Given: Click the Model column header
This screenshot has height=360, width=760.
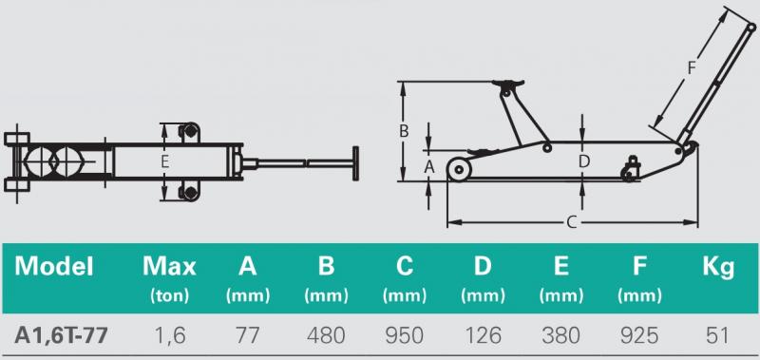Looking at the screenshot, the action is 54,267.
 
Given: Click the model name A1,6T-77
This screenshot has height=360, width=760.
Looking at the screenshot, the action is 61,335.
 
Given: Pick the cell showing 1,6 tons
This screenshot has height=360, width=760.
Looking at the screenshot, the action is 169,335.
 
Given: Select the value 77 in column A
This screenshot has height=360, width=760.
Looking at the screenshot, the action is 247,335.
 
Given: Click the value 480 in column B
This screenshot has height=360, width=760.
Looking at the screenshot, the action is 326,335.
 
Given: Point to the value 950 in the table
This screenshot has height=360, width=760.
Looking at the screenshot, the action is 405,335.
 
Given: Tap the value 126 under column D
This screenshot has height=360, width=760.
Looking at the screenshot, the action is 483,335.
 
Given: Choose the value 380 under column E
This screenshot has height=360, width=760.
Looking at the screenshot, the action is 560,335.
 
